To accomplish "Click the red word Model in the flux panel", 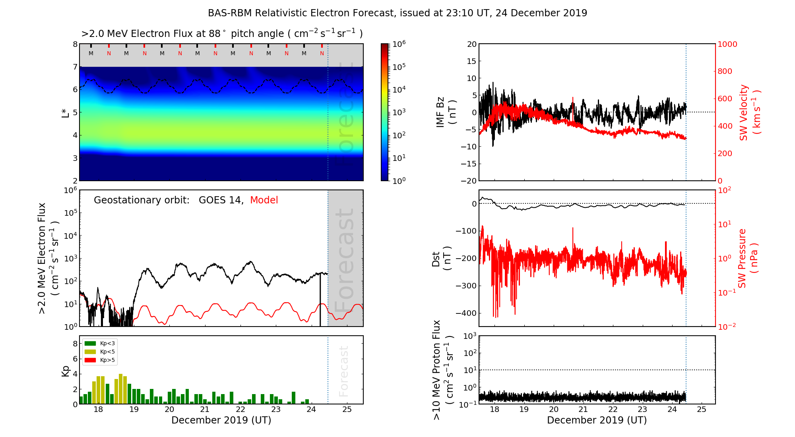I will (264, 200).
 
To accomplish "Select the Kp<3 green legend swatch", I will (90, 343).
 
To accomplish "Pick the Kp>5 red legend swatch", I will (90, 360).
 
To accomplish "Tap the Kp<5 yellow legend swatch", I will (90, 352).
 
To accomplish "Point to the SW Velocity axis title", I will (750, 112).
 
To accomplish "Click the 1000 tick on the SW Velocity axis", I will (727, 44).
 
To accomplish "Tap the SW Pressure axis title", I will (748, 258).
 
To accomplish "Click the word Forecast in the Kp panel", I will (343, 371).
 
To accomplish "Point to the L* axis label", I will (66, 112).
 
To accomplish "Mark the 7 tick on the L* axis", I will (75, 67).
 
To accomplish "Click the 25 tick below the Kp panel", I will (347, 410).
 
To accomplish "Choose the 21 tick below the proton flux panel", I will (583, 410).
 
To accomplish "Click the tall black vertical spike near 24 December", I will (320, 298).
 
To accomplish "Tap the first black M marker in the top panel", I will (91, 53).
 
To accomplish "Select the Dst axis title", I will (441, 258).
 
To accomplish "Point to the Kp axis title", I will (66, 371).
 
